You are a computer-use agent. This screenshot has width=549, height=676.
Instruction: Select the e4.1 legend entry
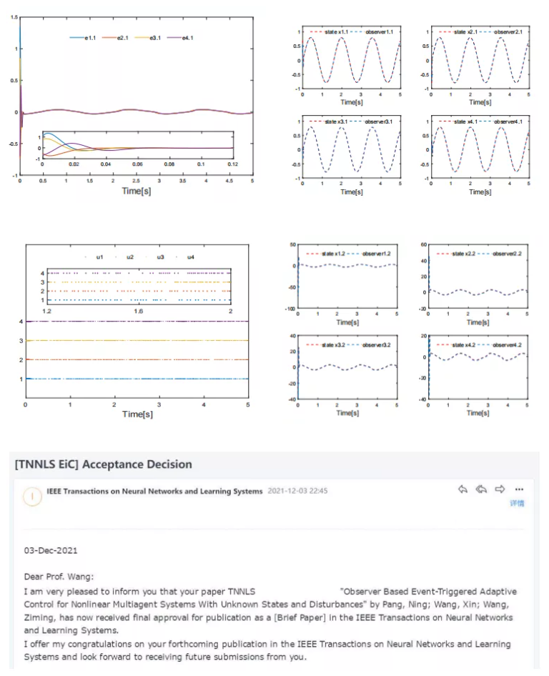[187, 37]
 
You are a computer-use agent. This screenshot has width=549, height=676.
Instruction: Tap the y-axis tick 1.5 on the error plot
[14, 16]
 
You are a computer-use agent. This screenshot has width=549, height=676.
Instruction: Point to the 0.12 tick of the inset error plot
[233, 164]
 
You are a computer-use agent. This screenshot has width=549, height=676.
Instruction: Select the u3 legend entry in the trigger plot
[160, 257]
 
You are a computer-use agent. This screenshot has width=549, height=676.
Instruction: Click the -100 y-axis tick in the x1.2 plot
[290, 309]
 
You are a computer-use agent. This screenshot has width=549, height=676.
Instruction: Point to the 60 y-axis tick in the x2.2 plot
[422, 244]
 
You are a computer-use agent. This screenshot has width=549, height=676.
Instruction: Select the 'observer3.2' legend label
[375, 344]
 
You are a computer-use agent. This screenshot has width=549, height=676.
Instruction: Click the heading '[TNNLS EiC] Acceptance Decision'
[103, 464]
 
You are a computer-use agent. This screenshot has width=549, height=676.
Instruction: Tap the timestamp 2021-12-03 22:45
[297, 491]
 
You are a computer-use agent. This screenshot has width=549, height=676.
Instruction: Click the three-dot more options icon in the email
[519, 489]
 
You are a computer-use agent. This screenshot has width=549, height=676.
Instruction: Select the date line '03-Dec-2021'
[51, 551]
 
